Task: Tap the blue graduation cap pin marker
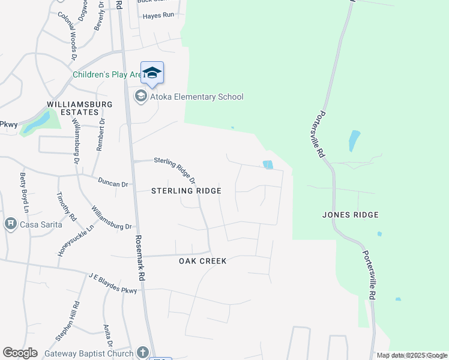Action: tap(152, 73)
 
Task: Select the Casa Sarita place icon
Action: tap(10, 224)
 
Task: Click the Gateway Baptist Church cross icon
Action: tap(142, 352)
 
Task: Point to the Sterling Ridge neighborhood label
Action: tap(186, 191)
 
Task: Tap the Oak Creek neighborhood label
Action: tap(203, 261)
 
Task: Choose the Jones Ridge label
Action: tap(351, 215)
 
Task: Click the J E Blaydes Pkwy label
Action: tap(113, 283)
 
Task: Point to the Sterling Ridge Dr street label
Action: tap(175, 170)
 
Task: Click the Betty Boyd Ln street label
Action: tap(24, 193)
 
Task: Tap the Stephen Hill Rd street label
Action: tap(67, 322)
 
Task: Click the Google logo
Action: tap(20, 353)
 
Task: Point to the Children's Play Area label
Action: tap(107, 75)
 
